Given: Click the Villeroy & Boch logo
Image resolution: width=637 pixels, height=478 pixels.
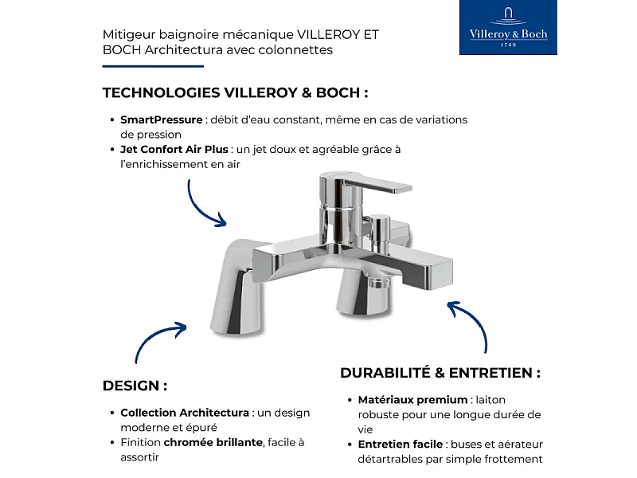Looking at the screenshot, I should (x=508, y=28).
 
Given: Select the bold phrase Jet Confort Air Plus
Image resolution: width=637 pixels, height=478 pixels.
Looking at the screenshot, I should (x=174, y=149).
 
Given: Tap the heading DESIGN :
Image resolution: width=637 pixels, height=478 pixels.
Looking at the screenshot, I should (x=135, y=386).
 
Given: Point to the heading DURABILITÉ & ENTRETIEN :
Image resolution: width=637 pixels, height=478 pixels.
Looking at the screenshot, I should (x=440, y=373).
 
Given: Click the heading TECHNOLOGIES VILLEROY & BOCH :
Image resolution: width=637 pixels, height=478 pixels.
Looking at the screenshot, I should (x=235, y=92).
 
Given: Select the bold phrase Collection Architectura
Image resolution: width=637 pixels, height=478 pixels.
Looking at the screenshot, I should (x=185, y=413).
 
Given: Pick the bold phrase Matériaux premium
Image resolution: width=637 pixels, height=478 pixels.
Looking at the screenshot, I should (x=412, y=400).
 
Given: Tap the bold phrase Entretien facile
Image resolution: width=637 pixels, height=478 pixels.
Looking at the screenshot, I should (x=401, y=444).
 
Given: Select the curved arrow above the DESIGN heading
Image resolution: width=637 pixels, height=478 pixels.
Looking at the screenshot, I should (x=158, y=340).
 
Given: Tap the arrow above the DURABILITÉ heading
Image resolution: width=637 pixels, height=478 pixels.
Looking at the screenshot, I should (x=470, y=323).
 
